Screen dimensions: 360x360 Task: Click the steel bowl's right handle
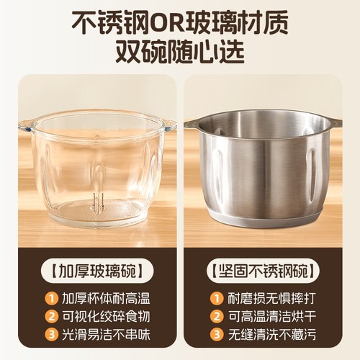[334, 123]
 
